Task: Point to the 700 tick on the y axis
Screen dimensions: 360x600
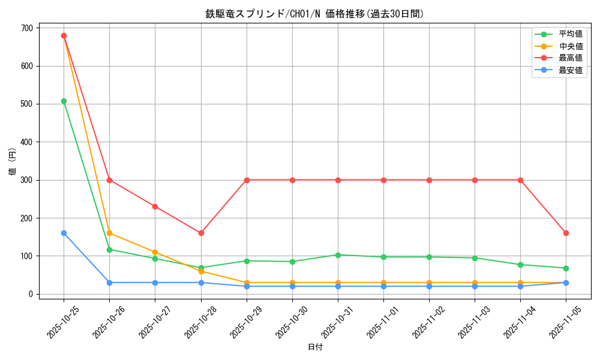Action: pos(28,28)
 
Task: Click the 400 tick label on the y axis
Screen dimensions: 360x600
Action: pos(28,142)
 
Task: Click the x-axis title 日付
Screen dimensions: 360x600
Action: pos(315,347)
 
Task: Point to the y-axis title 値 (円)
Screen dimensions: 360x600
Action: pos(13,161)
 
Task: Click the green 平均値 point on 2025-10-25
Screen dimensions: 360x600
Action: pos(64,101)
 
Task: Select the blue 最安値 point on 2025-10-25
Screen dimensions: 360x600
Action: pos(64,233)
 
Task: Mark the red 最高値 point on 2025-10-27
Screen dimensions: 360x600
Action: pos(155,206)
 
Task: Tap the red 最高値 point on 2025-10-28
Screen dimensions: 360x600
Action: pos(201,233)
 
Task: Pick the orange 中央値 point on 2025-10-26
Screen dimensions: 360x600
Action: pos(109,233)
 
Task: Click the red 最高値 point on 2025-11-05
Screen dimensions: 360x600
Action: pos(566,233)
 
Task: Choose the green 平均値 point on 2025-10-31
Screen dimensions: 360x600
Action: pos(338,255)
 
